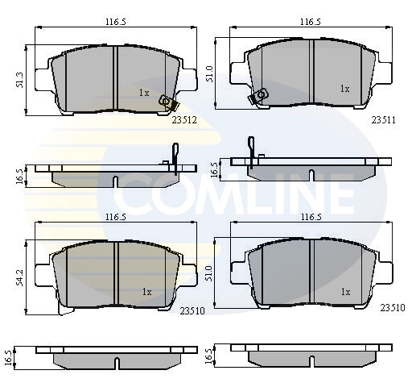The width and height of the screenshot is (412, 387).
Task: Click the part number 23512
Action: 184,120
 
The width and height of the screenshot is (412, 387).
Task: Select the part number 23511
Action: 383,119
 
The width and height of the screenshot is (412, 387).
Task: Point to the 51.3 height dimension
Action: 20,80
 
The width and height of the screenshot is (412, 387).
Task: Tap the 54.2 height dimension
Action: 20,277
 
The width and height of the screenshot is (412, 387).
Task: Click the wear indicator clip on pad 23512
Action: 167,103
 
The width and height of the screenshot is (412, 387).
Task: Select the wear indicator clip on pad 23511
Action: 258,96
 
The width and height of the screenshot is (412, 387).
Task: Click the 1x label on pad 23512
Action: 144,93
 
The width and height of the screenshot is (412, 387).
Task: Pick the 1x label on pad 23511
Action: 345,89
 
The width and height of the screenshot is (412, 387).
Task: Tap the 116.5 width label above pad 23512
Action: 115,22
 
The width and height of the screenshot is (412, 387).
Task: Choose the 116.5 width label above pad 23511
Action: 311,22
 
